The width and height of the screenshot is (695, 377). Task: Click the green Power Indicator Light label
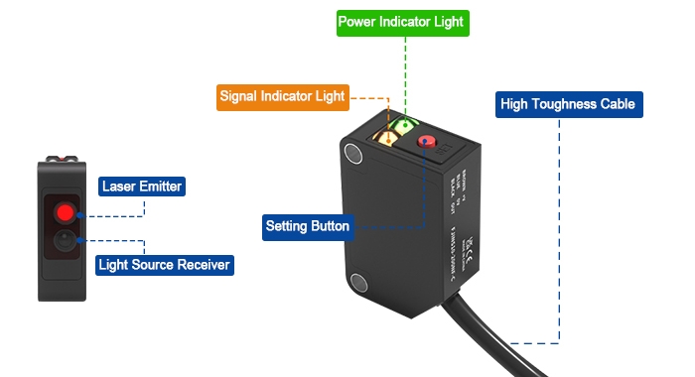[x=400, y=21]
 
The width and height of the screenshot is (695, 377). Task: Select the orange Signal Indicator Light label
[x=283, y=97]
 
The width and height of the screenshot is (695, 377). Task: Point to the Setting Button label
[x=307, y=226]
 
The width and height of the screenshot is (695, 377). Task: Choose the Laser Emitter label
[x=142, y=186]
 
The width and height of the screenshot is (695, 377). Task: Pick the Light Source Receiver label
[x=164, y=265]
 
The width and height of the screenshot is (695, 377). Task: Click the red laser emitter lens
[x=65, y=211]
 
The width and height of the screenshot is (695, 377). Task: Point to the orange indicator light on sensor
[x=382, y=138]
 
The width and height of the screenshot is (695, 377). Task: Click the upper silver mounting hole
[x=353, y=153]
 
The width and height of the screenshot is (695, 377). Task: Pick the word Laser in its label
[x=119, y=186]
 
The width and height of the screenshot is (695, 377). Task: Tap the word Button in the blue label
[x=329, y=226]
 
